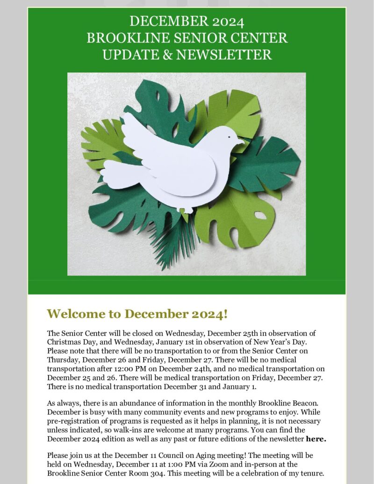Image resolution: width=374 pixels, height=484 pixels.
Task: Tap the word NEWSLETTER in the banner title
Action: (223, 55)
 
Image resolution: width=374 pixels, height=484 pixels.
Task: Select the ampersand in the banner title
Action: (167, 55)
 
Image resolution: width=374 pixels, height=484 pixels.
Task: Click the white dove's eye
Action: (229, 137)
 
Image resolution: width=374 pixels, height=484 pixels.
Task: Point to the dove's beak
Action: (241, 140)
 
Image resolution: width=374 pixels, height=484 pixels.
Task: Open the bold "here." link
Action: (316, 439)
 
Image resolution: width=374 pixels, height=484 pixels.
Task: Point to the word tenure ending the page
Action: (311, 473)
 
